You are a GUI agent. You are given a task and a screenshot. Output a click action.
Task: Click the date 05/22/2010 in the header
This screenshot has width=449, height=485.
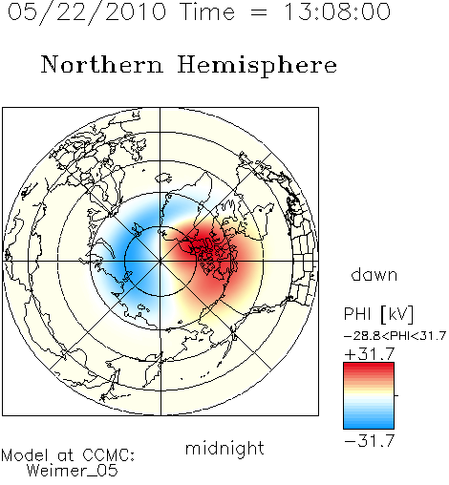(x=87, y=12)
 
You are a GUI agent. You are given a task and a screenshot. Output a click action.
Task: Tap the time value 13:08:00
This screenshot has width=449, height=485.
(x=337, y=11)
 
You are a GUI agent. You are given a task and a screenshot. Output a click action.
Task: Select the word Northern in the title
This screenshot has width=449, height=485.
(x=102, y=65)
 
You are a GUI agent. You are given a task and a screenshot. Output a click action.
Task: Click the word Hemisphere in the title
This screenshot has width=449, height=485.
(x=257, y=65)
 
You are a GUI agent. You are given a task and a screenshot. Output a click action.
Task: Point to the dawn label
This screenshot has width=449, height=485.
(x=374, y=275)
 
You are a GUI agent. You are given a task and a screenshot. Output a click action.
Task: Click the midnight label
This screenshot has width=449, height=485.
(x=224, y=449)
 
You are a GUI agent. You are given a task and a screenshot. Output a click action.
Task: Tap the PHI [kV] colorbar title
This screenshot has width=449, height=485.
(x=378, y=314)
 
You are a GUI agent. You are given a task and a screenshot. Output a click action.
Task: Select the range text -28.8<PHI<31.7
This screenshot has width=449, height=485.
(x=395, y=336)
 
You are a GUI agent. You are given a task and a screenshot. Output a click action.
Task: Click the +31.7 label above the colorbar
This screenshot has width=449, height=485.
(x=370, y=354)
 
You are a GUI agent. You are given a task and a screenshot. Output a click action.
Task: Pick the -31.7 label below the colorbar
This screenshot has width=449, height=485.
(x=370, y=441)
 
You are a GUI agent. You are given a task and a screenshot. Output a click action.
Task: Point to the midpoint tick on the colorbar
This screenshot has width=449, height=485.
(x=396, y=395)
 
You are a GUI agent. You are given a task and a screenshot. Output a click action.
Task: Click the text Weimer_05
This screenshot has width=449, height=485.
(x=73, y=471)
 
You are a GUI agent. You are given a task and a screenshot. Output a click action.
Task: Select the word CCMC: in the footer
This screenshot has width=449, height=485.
(x=108, y=455)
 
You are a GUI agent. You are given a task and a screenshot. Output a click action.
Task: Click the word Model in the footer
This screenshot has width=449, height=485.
(x=25, y=455)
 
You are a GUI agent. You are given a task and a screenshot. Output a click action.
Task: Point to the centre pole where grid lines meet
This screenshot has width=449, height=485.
(x=160, y=261)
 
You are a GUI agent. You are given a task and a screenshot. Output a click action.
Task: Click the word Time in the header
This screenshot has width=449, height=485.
(x=207, y=12)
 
